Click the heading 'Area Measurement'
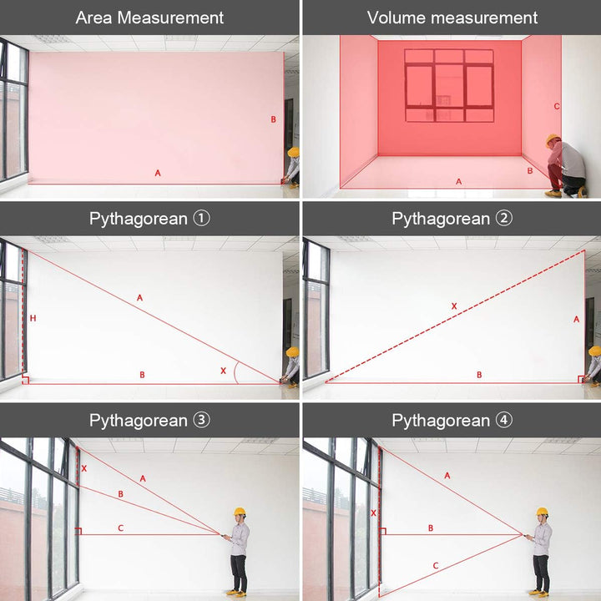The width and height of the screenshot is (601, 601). pyautogui.click(x=149, y=18)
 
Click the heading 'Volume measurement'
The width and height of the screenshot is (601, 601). pyautogui.click(x=452, y=18)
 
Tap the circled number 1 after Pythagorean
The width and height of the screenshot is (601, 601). pyautogui.click(x=201, y=219)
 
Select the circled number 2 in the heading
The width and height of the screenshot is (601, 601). pyautogui.click(x=503, y=219)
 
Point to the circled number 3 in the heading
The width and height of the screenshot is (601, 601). pyautogui.click(x=201, y=420)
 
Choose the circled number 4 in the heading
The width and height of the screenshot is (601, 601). pyautogui.click(x=503, y=420)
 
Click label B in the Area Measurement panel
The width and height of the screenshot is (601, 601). pyautogui.click(x=273, y=119)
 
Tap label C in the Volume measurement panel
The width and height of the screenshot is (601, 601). pyautogui.click(x=557, y=107)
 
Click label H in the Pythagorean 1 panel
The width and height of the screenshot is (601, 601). pyautogui.click(x=33, y=318)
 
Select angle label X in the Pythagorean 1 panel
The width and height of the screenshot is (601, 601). pyautogui.click(x=223, y=371)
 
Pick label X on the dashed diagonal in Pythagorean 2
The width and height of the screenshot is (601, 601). pyautogui.click(x=454, y=306)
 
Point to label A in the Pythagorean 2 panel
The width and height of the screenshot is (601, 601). pyautogui.click(x=576, y=319)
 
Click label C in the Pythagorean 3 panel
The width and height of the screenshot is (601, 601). pyautogui.click(x=121, y=528)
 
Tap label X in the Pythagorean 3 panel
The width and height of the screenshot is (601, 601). pyautogui.click(x=84, y=468)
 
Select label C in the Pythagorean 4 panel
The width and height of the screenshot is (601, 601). pyautogui.click(x=436, y=565)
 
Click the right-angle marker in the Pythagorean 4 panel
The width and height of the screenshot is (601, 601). pyautogui.click(x=382, y=531)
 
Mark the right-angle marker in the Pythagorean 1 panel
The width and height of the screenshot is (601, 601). pyautogui.click(x=25, y=380)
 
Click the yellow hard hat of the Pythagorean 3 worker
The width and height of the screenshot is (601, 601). pyautogui.click(x=240, y=512)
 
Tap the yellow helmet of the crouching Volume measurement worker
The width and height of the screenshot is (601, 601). pyautogui.click(x=553, y=139)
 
